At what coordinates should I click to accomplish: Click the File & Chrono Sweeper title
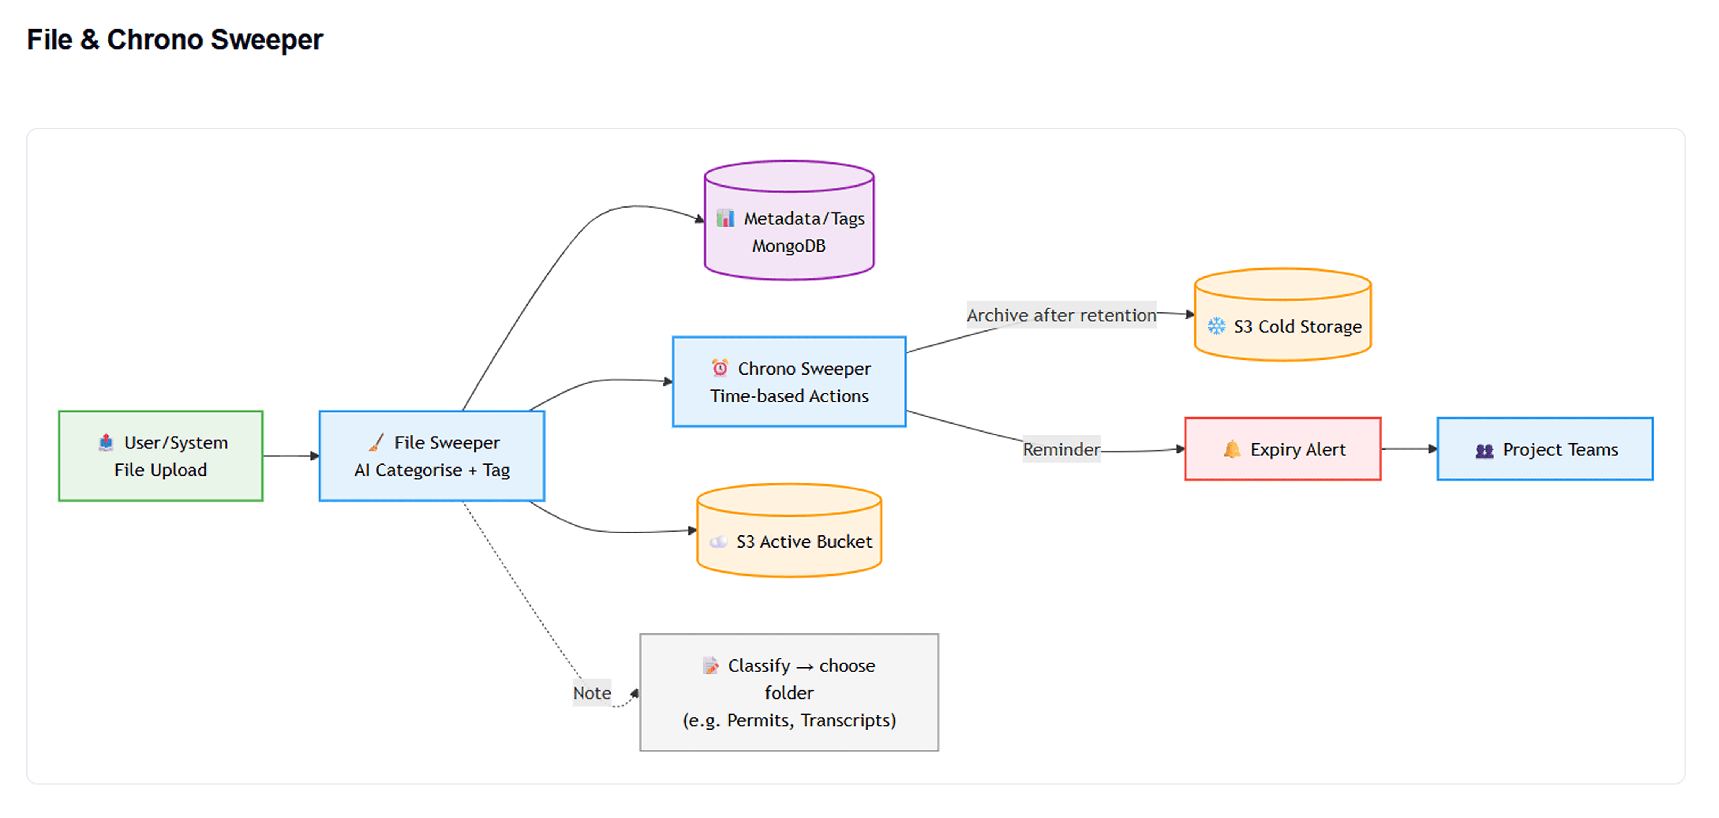pos(175,40)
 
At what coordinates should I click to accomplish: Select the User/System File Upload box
pos(161,456)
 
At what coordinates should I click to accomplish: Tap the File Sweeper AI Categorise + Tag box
pos(432,456)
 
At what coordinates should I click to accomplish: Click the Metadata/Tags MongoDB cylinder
pos(789,220)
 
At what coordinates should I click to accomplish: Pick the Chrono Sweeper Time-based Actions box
pos(789,382)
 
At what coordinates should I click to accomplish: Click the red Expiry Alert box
pos(1283,449)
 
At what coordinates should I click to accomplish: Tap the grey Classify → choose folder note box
pos(789,692)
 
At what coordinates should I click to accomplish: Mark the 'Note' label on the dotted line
pos(592,693)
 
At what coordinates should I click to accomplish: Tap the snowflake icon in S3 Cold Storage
pos(1217,327)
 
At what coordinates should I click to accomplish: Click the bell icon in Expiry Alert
pos(1232,449)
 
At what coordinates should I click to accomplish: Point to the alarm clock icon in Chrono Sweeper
pos(720,368)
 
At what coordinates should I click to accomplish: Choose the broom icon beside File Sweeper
pos(376,442)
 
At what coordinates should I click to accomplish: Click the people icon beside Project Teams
pos(1484,451)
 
